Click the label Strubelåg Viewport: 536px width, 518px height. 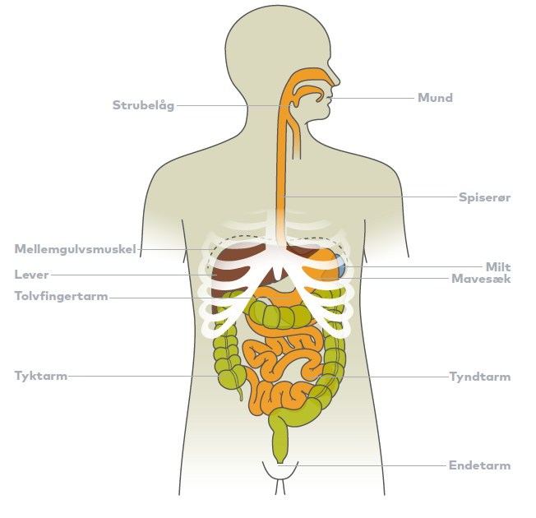tap(143, 105)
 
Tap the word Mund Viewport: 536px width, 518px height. tap(435, 98)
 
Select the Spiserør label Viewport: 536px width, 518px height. tap(484, 197)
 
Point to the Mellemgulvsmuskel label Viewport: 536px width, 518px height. tap(75, 249)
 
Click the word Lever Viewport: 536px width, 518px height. tap(31, 275)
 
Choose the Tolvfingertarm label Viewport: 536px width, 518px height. tap(61, 296)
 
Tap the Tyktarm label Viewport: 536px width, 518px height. tap(40, 376)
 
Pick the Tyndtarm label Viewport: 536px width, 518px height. tap(480, 377)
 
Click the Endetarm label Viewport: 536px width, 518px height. tap(479, 465)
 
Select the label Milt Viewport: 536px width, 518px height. tap(498, 267)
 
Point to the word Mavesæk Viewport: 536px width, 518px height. tap(481, 279)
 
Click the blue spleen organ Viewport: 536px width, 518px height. tap(340, 266)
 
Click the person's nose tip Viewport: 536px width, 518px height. tap(339, 82)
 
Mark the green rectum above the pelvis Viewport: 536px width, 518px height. tap(280, 441)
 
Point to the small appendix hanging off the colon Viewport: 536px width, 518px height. tap(240, 393)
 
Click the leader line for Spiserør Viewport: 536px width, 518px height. tap(367, 197)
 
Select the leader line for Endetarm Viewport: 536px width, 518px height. tap(363, 465)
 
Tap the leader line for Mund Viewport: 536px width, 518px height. tap(371, 98)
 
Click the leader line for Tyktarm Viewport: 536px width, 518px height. tap(148, 376)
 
